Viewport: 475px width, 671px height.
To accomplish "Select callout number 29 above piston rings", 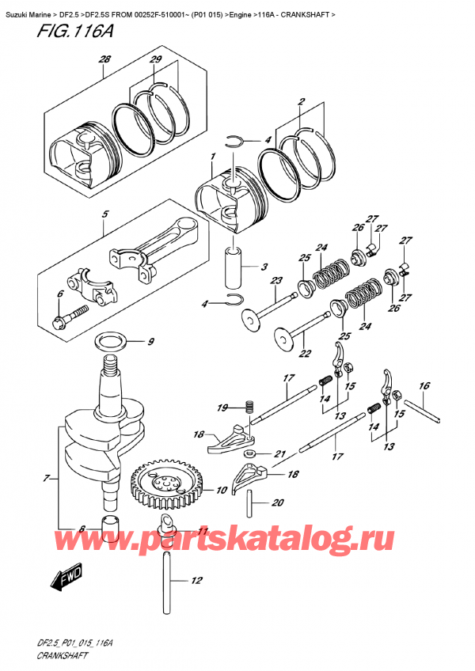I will (156, 60).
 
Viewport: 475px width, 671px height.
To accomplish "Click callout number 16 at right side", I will (424, 386).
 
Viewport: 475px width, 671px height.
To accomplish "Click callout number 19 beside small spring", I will (223, 408).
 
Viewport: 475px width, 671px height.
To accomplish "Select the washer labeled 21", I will (249, 453).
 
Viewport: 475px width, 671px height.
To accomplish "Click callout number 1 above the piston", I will (211, 157).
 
